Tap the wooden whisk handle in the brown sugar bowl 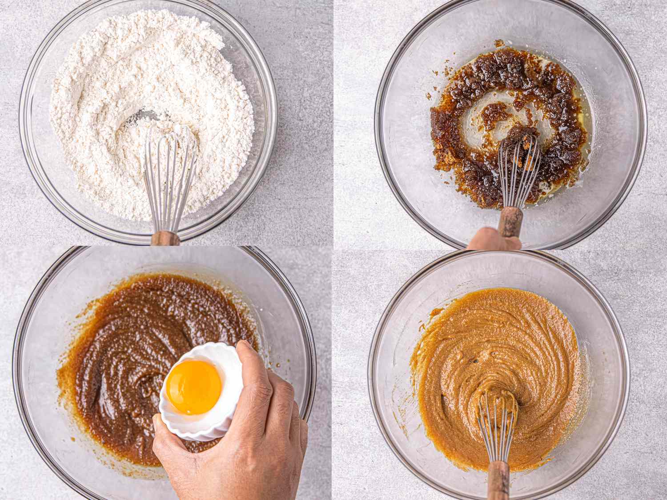point(510,221)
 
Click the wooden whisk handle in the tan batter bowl point(498,480)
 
